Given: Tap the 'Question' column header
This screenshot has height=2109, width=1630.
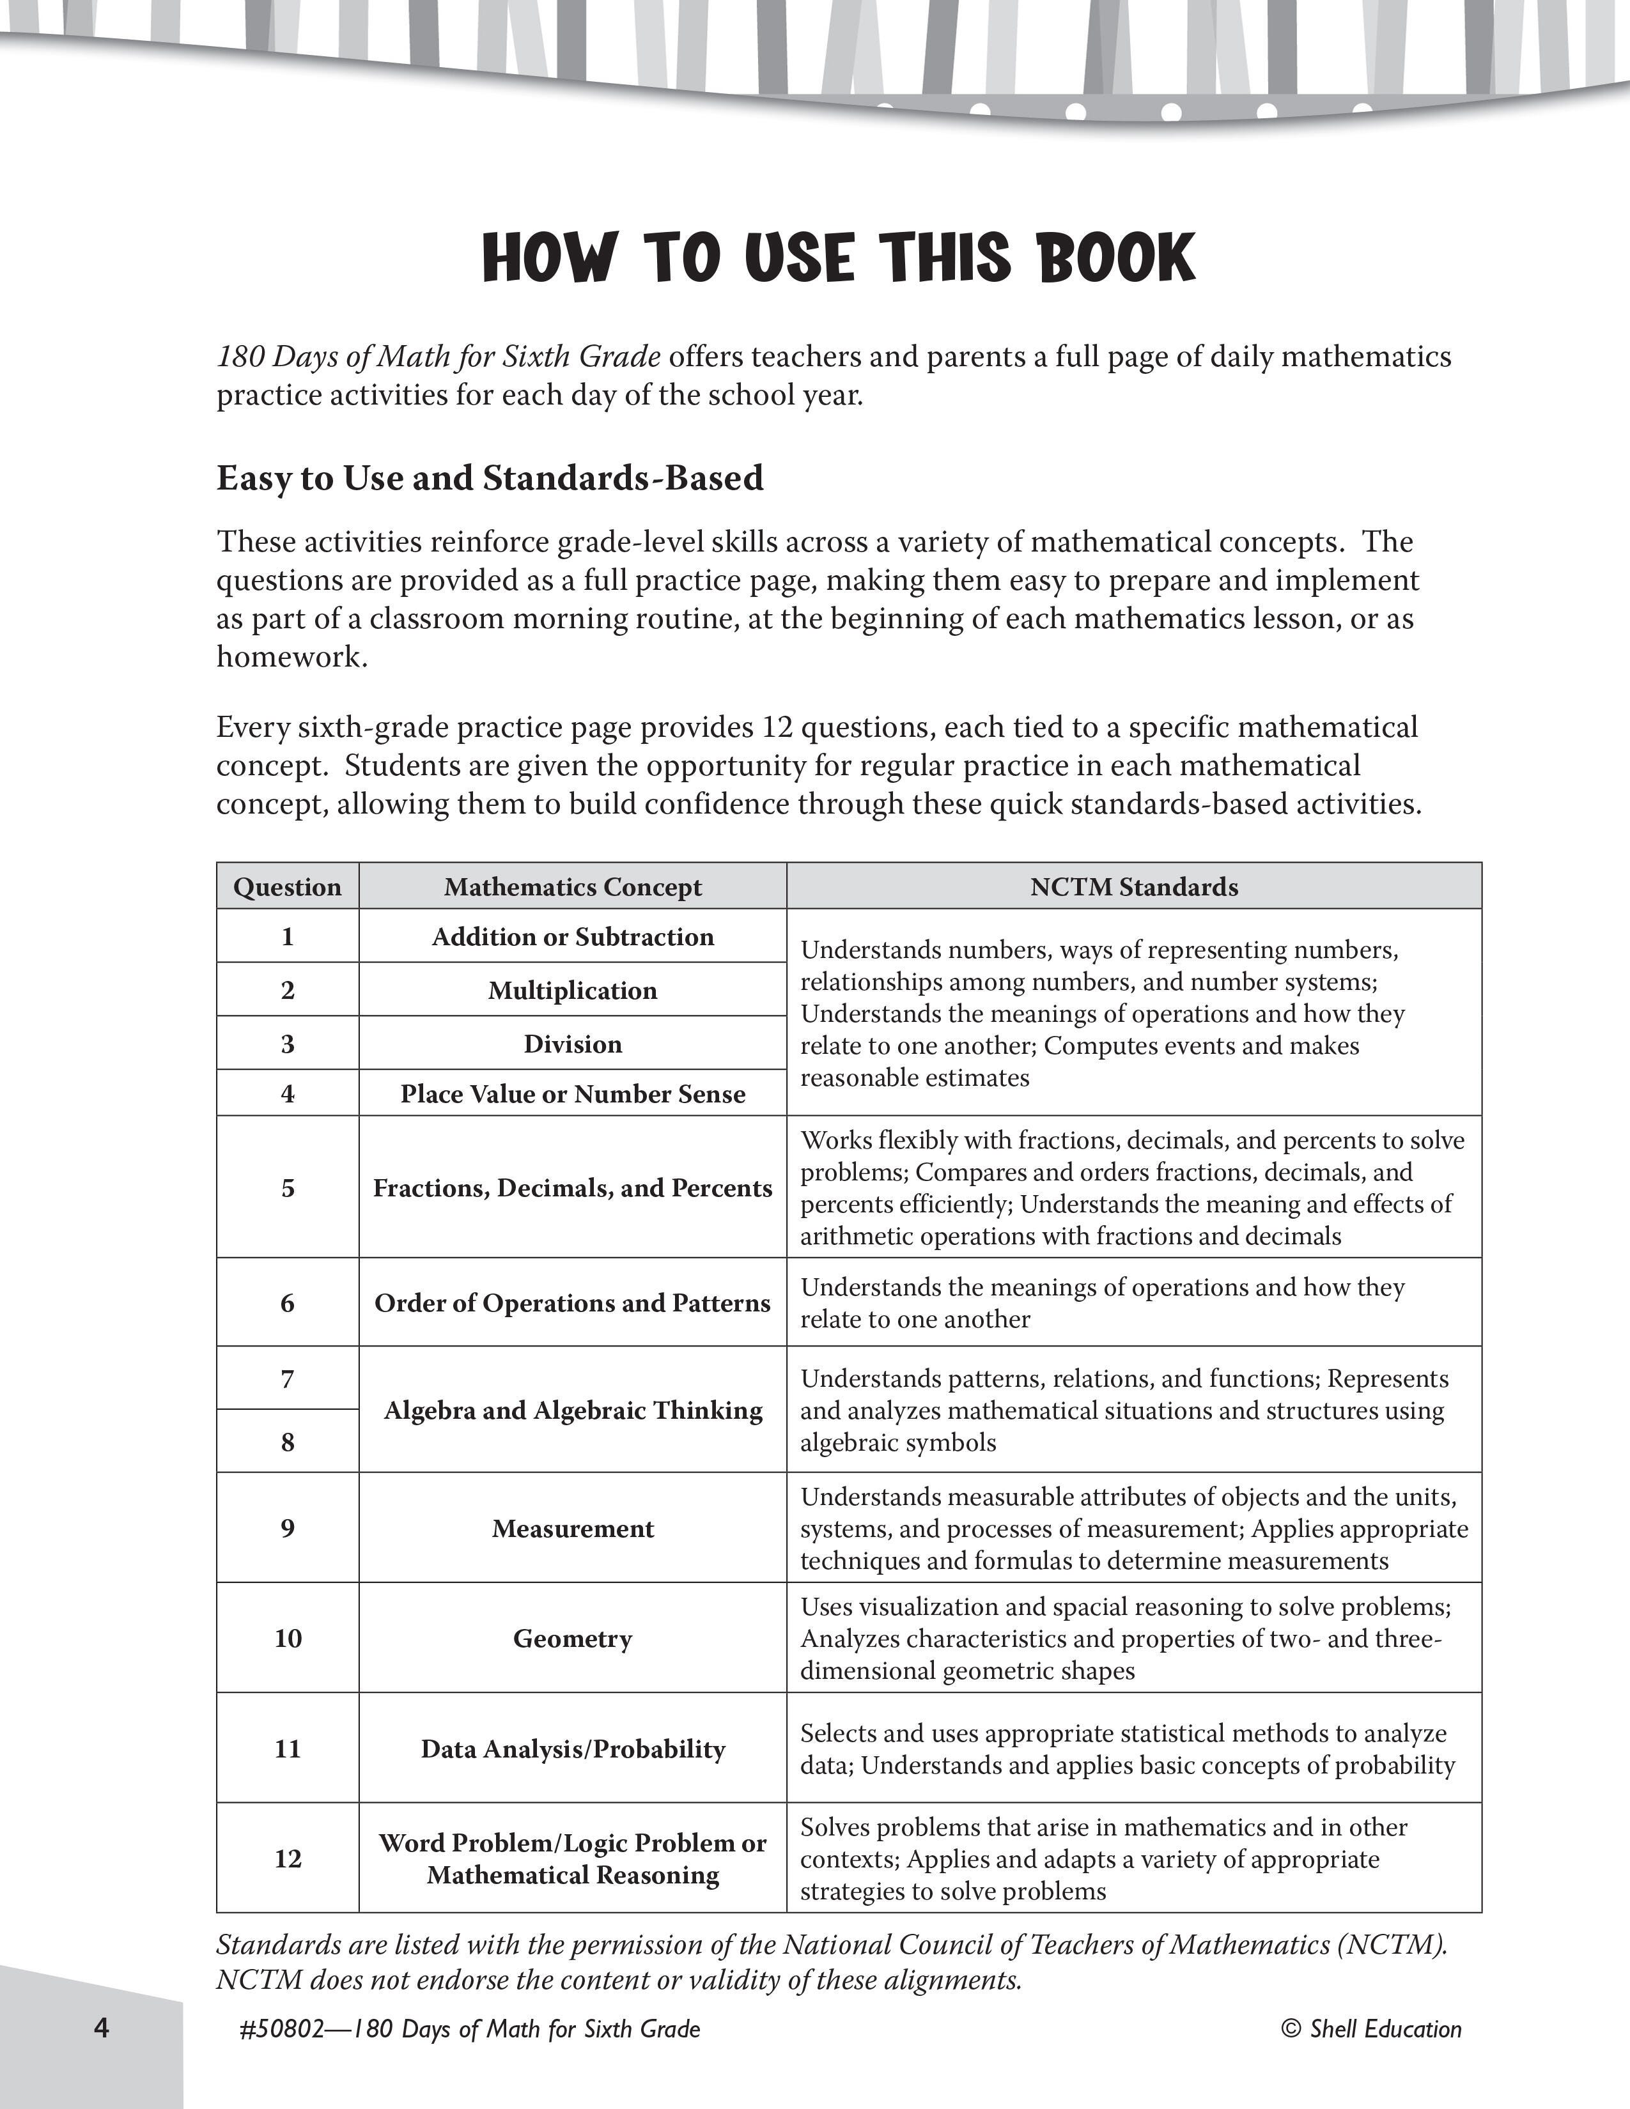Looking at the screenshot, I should pos(288,886).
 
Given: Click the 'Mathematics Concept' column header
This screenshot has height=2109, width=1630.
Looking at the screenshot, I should pos(573,886).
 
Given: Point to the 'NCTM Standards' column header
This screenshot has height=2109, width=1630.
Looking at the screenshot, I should pos(1134,886).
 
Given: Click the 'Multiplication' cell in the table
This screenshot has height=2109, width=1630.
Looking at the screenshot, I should pos(573,990).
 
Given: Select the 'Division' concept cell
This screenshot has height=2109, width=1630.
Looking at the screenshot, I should pos(573,1044).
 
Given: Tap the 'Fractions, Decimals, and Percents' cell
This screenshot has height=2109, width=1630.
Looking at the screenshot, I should pos(573,1188).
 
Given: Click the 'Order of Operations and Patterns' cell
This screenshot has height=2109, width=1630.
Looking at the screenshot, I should pos(573,1302).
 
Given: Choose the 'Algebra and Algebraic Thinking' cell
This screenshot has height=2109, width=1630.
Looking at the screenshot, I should pos(573,1410).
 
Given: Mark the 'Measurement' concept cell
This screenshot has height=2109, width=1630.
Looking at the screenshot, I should pos(573,1529).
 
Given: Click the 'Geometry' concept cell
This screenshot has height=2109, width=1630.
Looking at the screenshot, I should pos(573,1639).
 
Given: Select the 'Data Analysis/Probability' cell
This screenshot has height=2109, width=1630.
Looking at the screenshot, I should pos(573,1749).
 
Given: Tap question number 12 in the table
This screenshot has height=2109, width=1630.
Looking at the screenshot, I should pos(288,1859).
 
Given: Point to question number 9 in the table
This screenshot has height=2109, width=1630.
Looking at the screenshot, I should pos(288,1529).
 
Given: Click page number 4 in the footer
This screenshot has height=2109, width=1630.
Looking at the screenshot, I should pos(102,2028).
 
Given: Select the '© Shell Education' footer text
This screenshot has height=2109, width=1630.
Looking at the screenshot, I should pos(1371,2029).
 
